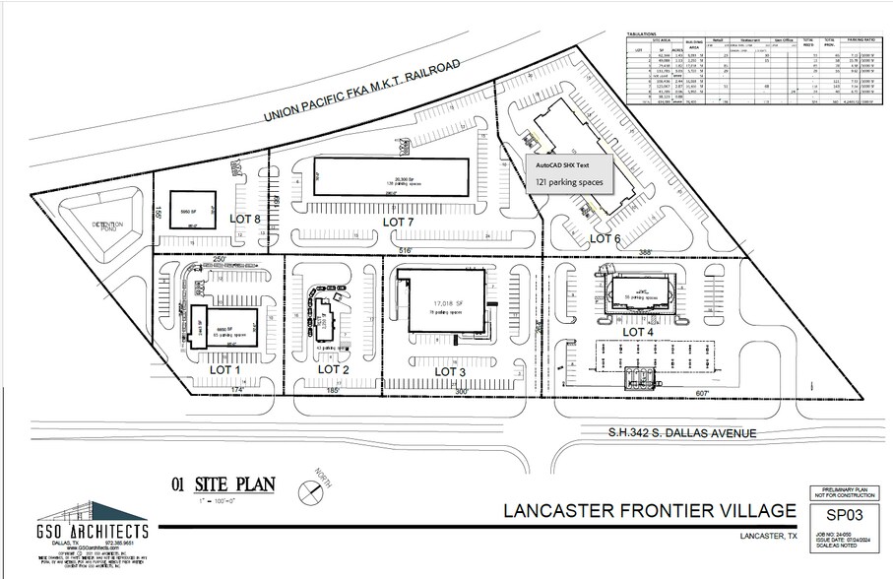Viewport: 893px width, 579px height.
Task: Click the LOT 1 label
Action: [225, 370]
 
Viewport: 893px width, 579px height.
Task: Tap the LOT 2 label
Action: [334, 370]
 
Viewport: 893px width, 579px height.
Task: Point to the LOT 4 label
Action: [638, 332]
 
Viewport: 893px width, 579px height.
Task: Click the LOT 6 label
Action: [605, 239]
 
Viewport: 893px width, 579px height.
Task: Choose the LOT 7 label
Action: [401, 224]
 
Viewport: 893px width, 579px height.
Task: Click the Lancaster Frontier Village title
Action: [650, 510]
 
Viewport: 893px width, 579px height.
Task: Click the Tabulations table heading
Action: [642, 33]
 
